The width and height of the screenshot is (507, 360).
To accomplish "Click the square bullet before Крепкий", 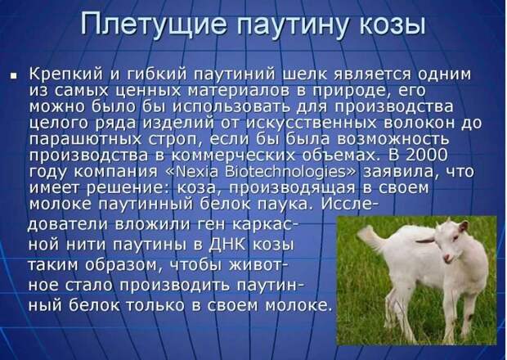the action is pyautogui.click(x=14, y=76).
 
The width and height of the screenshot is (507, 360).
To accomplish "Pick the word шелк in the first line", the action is pyautogui.click(x=304, y=74).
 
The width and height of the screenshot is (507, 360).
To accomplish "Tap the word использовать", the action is pyautogui.click(x=232, y=106).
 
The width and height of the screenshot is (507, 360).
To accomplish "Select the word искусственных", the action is pyautogui.click(x=312, y=124).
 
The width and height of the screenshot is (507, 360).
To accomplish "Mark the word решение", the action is pyautogui.click(x=123, y=188).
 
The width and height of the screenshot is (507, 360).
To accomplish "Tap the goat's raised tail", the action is pyautogui.click(x=370, y=236).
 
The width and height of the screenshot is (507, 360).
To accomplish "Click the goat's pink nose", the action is pyautogui.click(x=446, y=258).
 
